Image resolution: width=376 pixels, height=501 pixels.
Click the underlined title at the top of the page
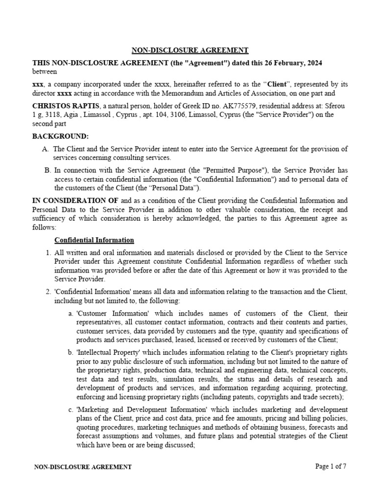pos(189,50)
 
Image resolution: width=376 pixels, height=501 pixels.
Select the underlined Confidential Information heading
pos(94,240)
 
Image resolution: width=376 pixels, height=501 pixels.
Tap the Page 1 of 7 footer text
pos(331,466)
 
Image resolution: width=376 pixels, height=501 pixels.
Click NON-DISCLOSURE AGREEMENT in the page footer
pos(83,467)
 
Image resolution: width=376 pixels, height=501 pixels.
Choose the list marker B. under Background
pos(47,170)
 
